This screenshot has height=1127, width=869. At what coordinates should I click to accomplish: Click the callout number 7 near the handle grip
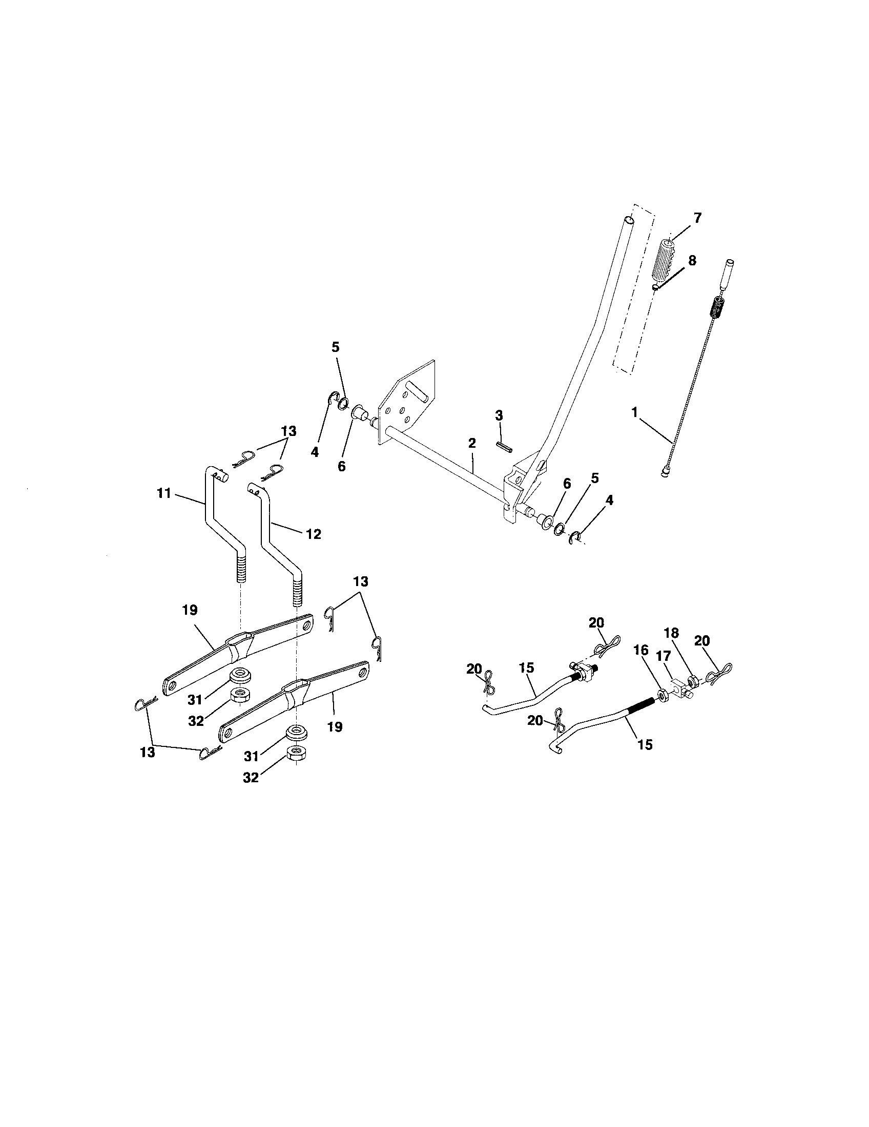(697, 218)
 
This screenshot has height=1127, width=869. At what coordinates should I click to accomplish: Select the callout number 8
(692, 260)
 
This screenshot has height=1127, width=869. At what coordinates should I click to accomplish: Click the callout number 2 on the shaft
(472, 443)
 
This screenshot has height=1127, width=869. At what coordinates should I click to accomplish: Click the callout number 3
(499, 415)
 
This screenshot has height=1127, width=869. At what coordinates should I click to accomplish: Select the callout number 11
(163, 493)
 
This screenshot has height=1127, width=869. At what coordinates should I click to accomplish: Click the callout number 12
(313, 534)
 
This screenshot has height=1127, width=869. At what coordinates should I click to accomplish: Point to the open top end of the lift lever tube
(628, 220)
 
